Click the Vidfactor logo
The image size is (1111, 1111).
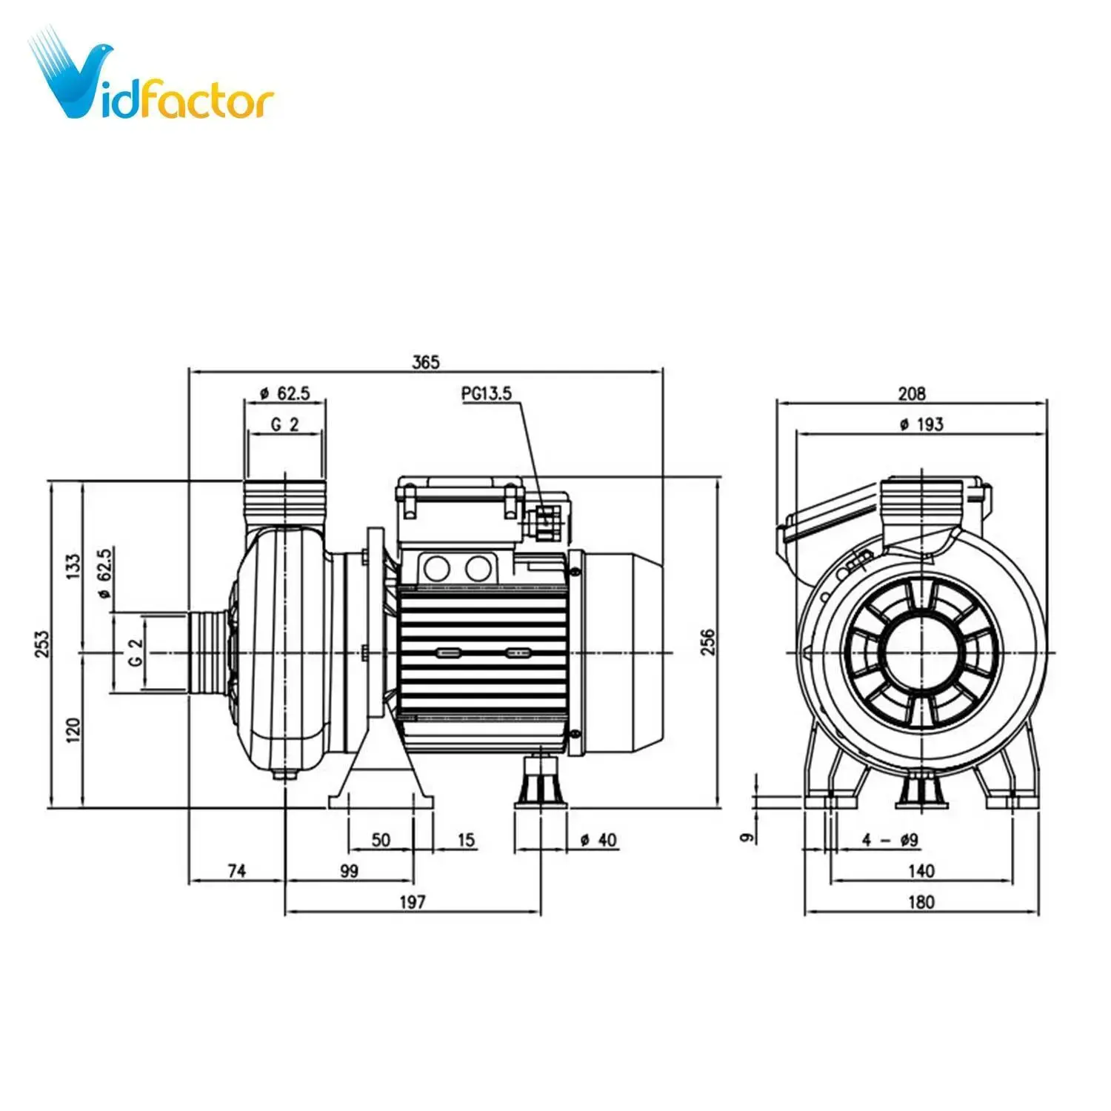[x=152, y=78]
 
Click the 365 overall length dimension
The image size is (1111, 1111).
[x=426, y=362]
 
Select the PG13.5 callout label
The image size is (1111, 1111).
[x=487, y=393]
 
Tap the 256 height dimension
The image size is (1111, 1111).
[x=708, y=641]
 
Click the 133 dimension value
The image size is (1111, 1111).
[x=73, y=567]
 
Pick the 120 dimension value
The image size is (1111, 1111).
[x=73, y=730]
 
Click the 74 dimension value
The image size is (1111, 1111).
[x=236, y=871]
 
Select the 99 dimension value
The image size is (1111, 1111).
[x=349, y=871]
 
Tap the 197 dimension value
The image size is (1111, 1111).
[x=413, y=901]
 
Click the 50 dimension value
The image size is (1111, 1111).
[x=381, y=840]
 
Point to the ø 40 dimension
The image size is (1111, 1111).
[x=598, y=840]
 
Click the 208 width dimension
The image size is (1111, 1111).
[x=912, y=393]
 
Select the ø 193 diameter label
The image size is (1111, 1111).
[x=921, y=424]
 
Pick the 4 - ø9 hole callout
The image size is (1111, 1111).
[x=890, y=840]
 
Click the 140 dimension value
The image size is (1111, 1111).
[x=921, y=871]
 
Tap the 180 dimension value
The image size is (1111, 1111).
[x=921, y=901]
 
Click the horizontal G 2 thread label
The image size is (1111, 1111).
[x=284, y=424]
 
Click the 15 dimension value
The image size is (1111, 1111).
[x=466, y=840]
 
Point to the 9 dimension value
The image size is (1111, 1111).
[x=748, y=837]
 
